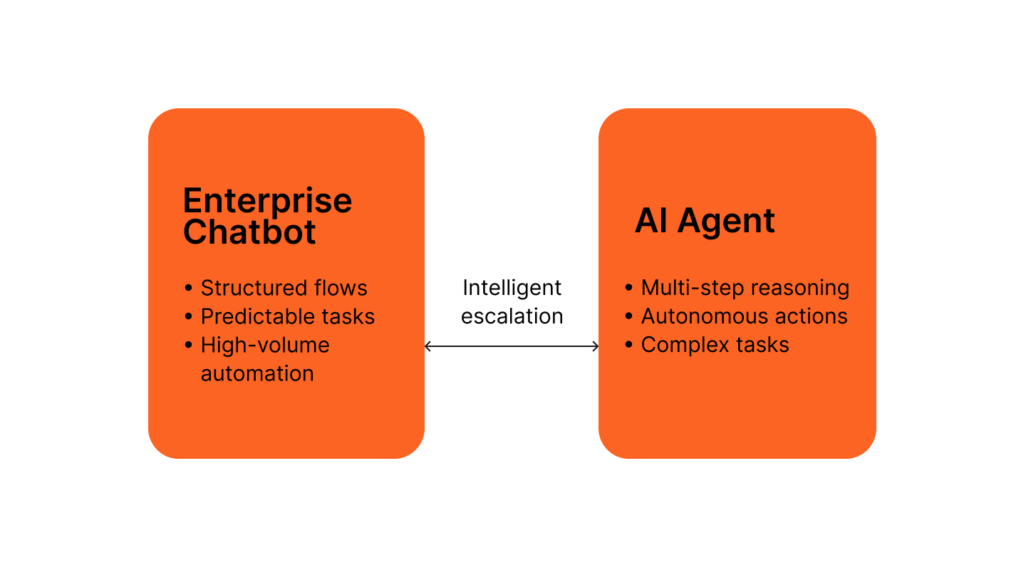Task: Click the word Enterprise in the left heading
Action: click(267, 202)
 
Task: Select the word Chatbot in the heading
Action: click(249, 233)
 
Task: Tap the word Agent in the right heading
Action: click(726, 222)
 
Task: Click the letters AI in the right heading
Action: click(651, 222)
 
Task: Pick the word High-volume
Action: click(265, 345)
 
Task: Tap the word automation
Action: click(257, 373)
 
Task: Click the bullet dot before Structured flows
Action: click(188, 288)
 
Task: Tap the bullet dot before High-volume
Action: click(188, 345)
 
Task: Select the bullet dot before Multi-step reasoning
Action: click(628, 288)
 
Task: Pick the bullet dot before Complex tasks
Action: click(628, 345)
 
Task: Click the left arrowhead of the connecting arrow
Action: click(427, 346)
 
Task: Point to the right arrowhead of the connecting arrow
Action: click(596, 346)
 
